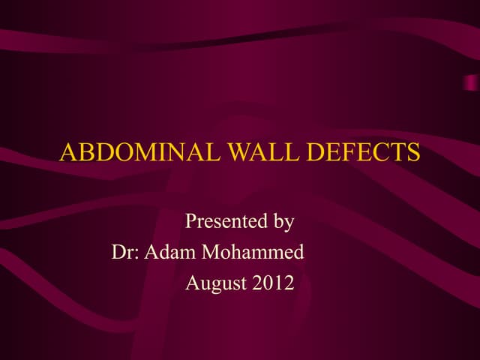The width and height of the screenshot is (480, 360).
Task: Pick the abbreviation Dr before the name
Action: [122, 253]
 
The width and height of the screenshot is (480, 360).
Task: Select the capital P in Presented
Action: [190, 222]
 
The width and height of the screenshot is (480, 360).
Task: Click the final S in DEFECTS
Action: [414, 153]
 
